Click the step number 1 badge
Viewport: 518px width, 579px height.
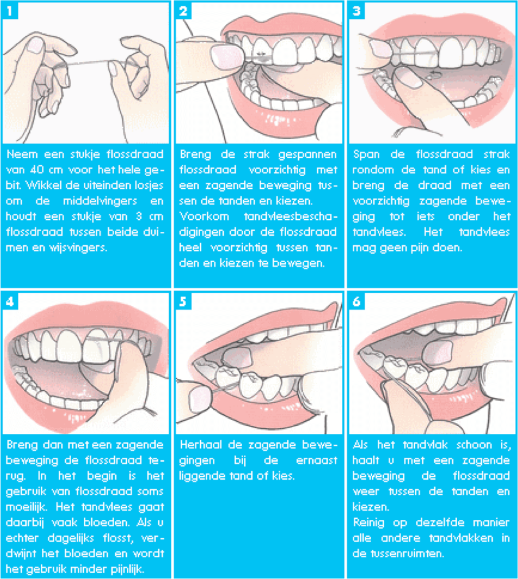tap(10, 11)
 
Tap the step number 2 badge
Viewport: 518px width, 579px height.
tap(183, 11)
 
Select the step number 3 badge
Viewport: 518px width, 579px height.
tap(356, 11)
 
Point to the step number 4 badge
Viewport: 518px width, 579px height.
tap(10, 302)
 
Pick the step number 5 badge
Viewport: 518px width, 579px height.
tap(183, 302)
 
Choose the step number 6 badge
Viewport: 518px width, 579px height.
tap(356, 302)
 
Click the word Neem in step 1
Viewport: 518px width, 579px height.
tap(22, 154)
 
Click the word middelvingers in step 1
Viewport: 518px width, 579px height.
tap(100, 201)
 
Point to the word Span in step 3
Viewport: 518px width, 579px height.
tap(366, 154)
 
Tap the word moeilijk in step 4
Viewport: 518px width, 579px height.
tap(26, 507)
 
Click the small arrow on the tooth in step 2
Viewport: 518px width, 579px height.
tap(262, 54)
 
